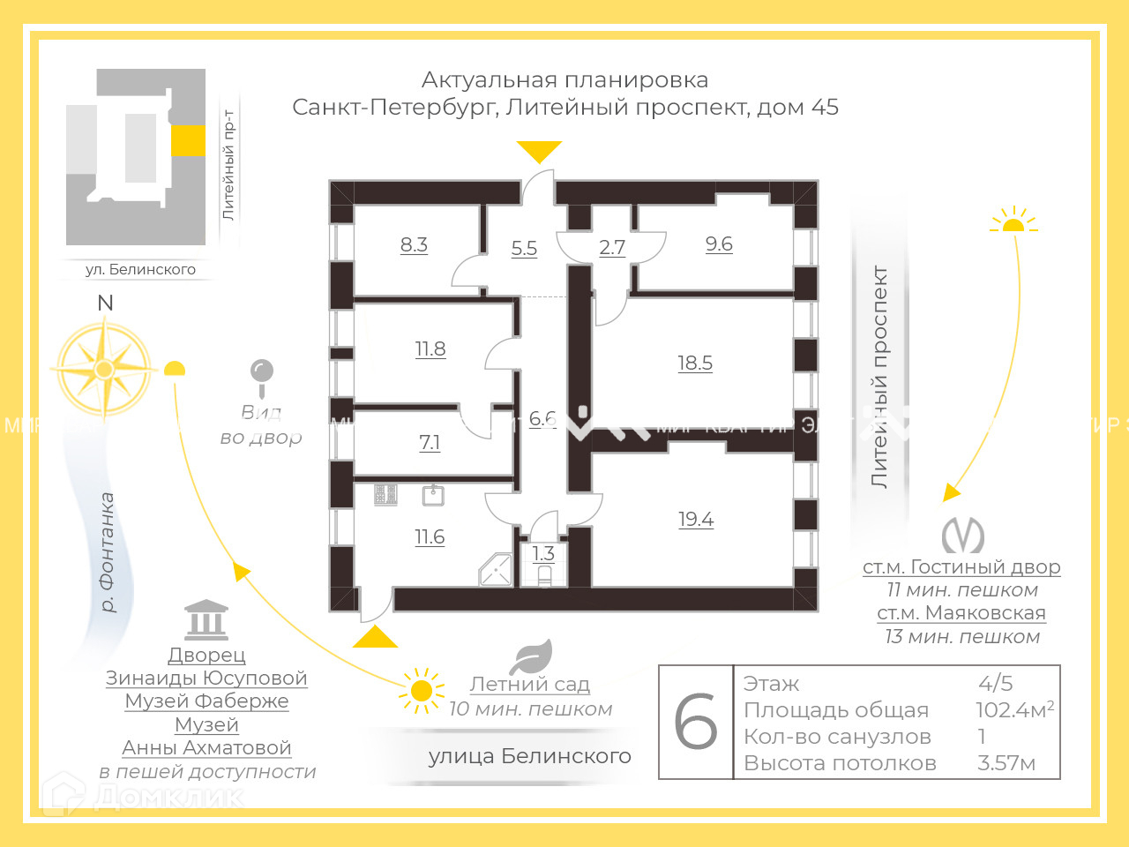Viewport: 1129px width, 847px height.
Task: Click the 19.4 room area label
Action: click(696, 520)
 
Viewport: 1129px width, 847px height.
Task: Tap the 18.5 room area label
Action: click(695, 363)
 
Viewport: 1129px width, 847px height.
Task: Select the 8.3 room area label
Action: click(414, 244)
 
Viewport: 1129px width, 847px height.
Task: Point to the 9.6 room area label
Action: click(719, 244)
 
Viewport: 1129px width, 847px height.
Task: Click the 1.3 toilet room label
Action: click(543, 553)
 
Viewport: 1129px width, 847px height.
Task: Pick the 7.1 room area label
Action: click(430, 442)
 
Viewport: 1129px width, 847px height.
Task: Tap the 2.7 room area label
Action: click(612, 247)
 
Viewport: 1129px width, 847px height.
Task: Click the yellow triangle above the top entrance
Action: click(539, 151)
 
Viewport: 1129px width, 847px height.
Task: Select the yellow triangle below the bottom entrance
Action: click(376, 637)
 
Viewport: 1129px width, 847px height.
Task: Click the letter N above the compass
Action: click(105, 303)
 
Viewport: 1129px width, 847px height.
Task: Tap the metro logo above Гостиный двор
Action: click(962, 535)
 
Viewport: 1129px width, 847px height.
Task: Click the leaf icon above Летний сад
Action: click(532, 657)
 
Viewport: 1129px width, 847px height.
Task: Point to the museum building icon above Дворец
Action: click(206, 620)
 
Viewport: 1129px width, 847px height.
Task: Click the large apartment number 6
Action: click(696, 722)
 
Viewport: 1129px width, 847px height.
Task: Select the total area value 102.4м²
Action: click(1014, 709)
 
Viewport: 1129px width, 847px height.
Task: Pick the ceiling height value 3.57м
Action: click(1006, 763)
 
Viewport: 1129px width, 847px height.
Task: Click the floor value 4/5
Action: click(996, 683)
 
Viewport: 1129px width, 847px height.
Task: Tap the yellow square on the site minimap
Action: click(188, 140)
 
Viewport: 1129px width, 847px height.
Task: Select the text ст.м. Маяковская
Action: click(961, 613)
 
